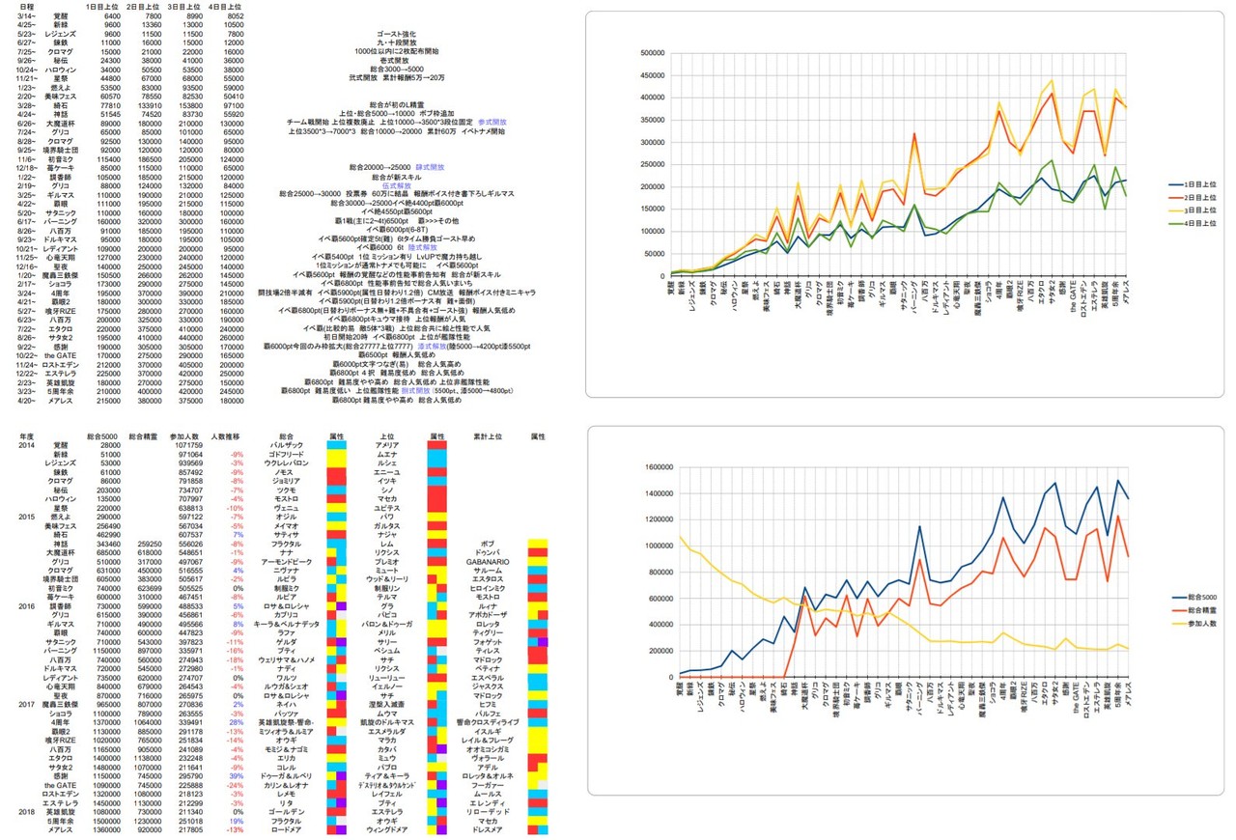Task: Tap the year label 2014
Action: click(x=26, y=445)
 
